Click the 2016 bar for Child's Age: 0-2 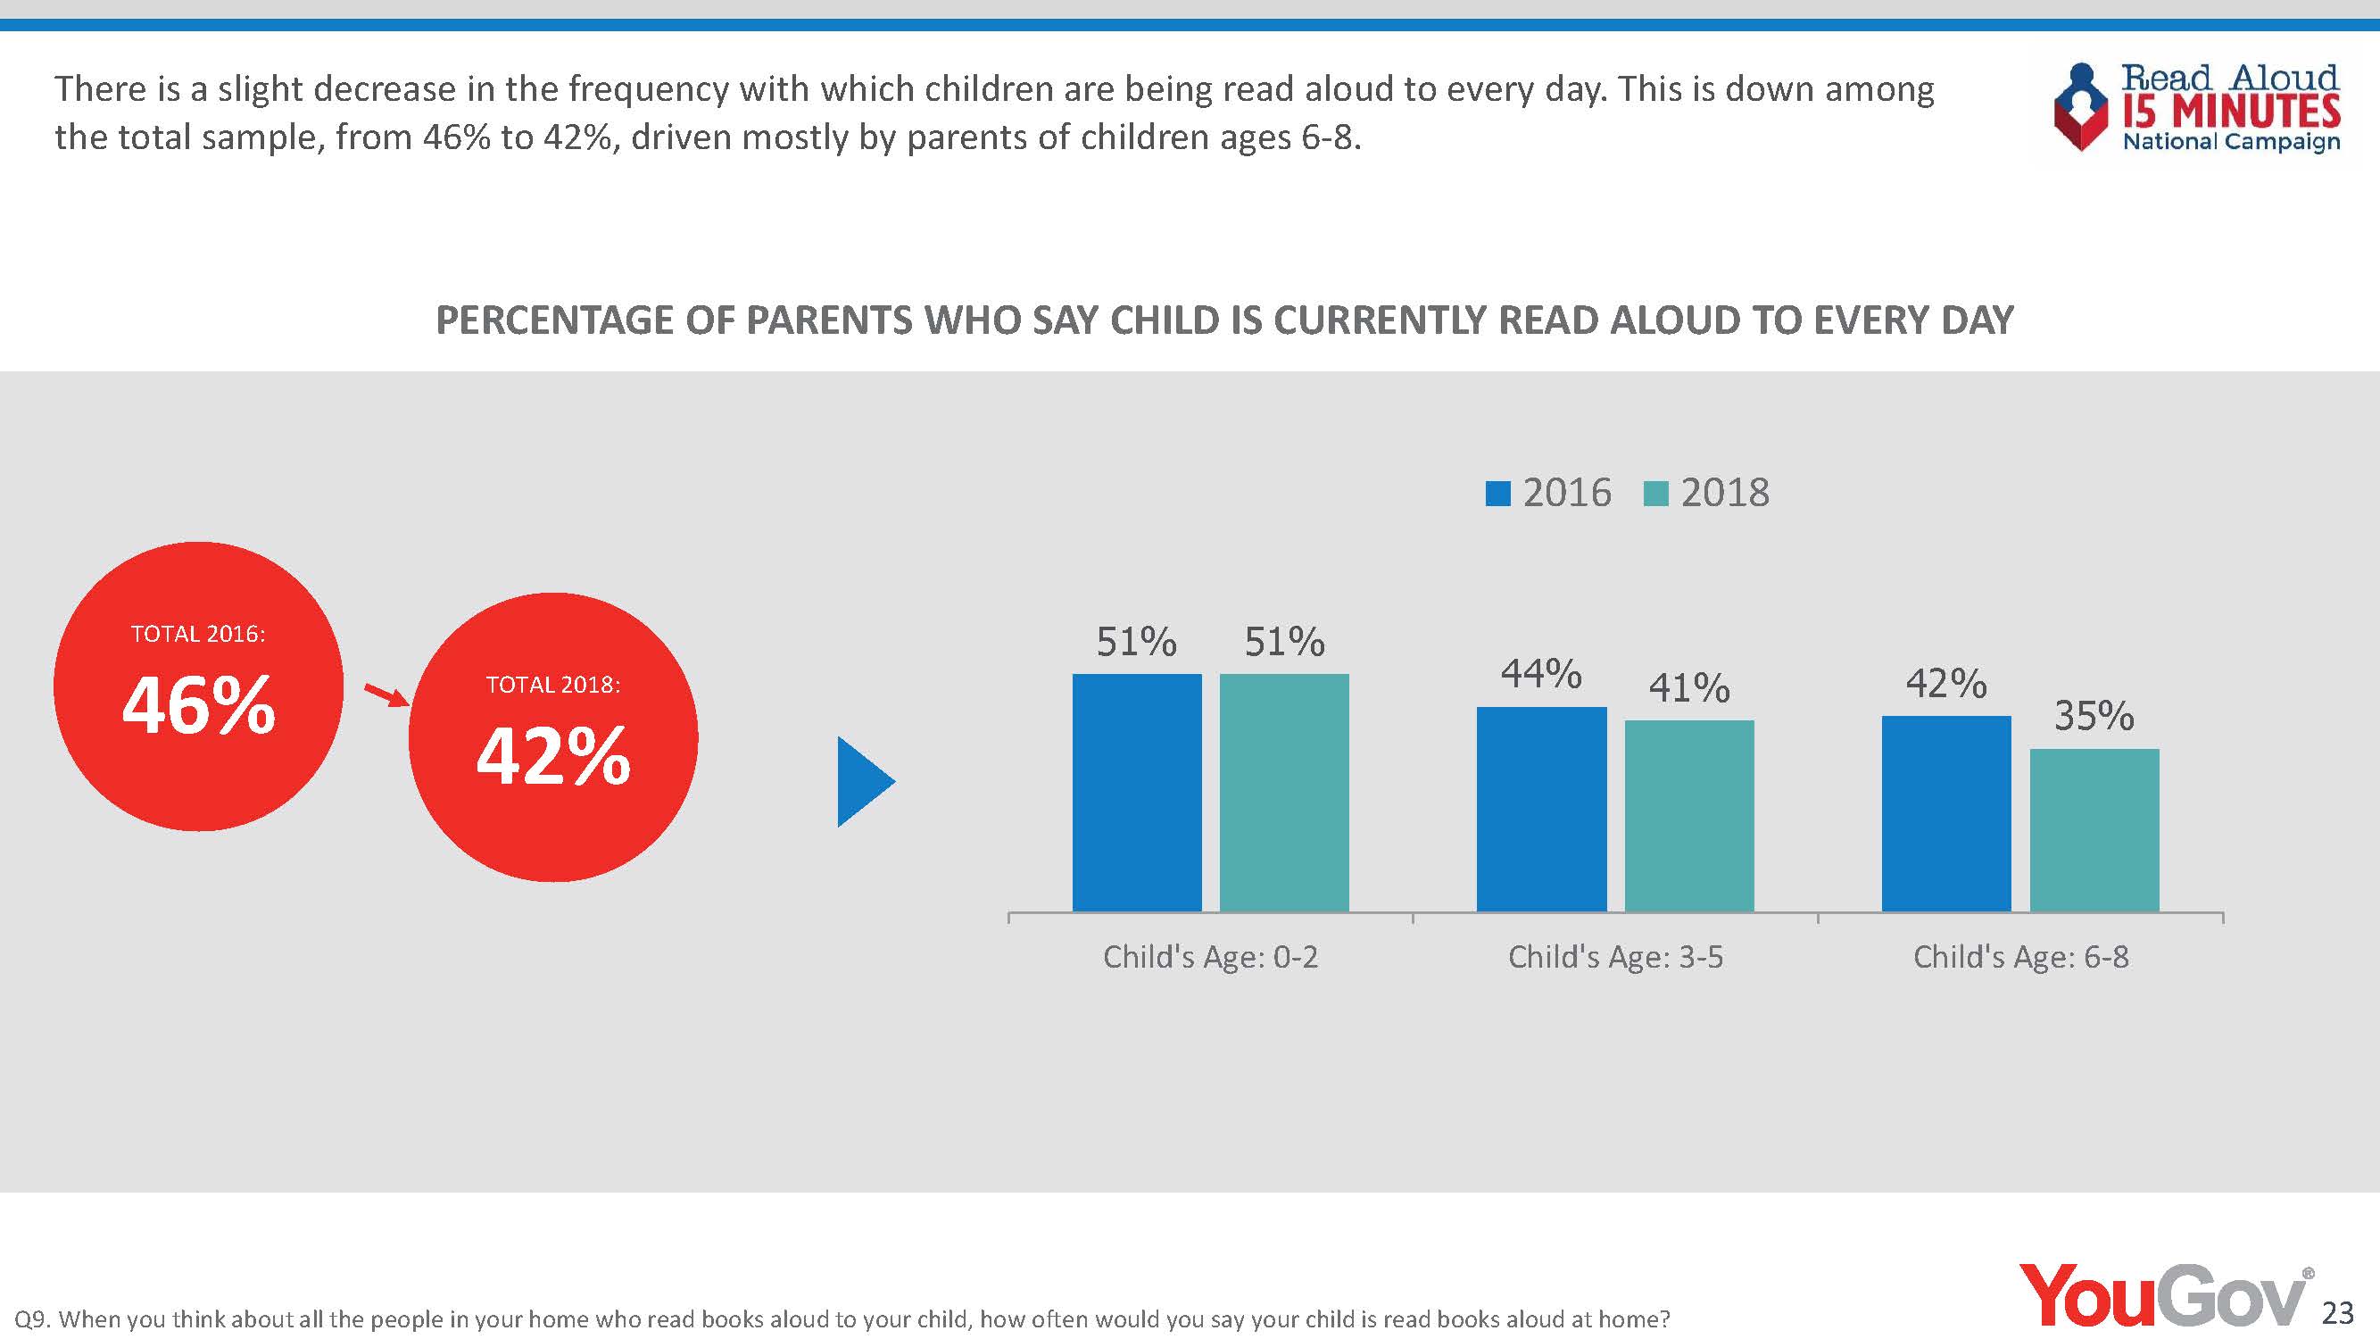(1136, 792)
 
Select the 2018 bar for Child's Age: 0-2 (1284, 792)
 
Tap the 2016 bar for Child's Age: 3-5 (1541, 809)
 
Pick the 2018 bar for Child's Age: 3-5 (1689, 815)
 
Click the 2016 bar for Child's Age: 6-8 (1945, 813)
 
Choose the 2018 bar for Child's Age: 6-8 (2094, 830)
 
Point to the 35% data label (2094, 716)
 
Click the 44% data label (1541, 674)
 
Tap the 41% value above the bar (1689, 688)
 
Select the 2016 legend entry (1548, 493)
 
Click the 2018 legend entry (1707, 493)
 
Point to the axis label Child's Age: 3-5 (1615, 956)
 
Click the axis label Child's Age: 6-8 (2020, 956)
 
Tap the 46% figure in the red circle (199, 705)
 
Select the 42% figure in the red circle (553, 756)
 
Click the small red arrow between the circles (386, 694)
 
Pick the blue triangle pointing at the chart (863, 782)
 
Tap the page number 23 (2338, 1312)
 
